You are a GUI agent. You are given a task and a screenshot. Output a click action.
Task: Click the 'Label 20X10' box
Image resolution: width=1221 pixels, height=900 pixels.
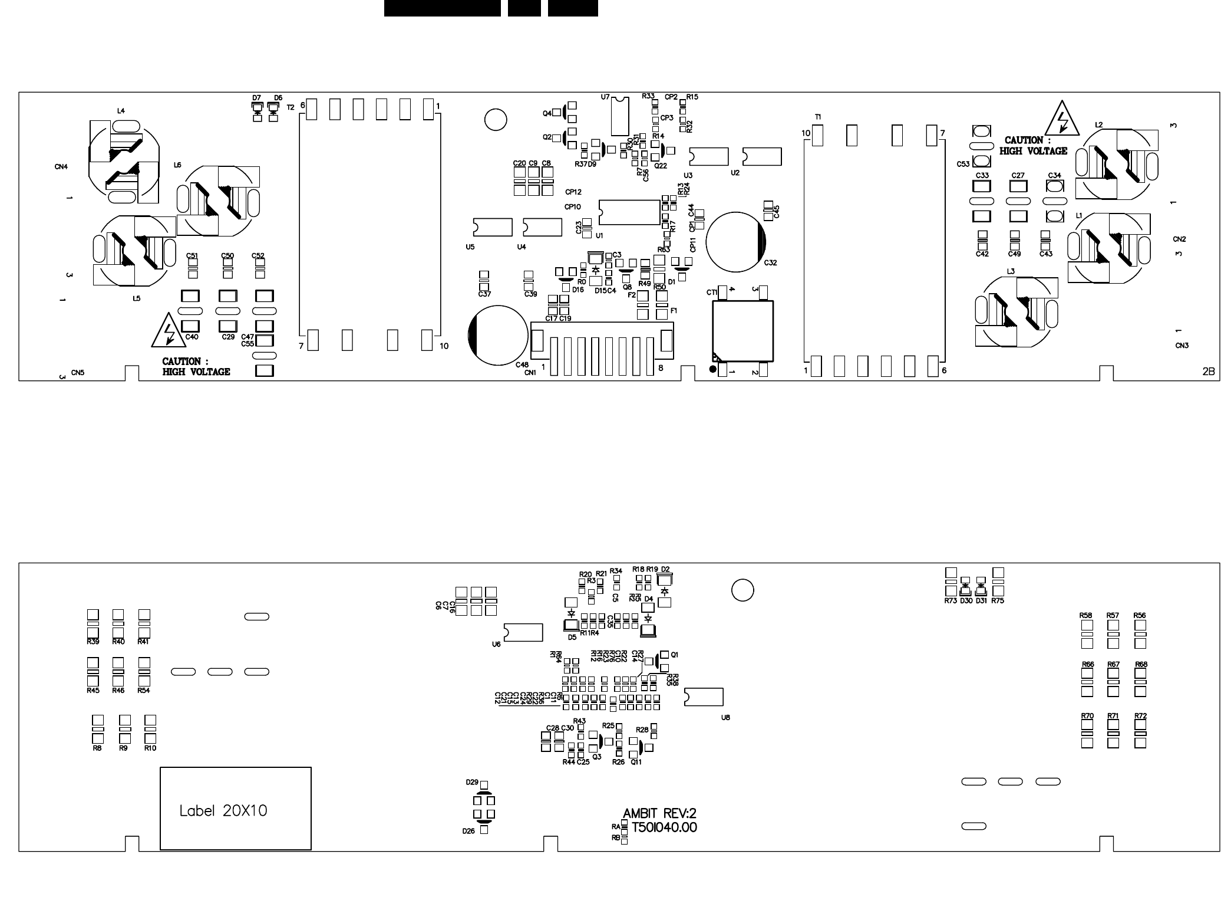tap(235, 809)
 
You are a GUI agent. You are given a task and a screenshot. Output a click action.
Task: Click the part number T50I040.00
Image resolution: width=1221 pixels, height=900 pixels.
tap(664, 828)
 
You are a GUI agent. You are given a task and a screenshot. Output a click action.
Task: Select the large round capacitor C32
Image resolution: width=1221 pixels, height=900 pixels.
tap(735, 242)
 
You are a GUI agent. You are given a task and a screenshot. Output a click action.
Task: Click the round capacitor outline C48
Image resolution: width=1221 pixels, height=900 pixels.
tap(498, 335)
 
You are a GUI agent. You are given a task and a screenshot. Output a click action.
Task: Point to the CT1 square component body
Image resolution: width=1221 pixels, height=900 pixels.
tap(742, 331)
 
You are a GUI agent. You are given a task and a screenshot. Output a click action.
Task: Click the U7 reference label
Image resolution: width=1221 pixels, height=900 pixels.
tap(605, 97)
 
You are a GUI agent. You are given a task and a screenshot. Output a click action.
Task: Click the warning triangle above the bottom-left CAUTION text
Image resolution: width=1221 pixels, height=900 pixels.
tap(169, 332)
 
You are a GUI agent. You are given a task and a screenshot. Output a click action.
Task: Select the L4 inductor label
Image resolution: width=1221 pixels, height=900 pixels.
tap(121, 111)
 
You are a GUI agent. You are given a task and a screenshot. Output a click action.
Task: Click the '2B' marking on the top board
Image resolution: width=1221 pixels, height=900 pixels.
tap(1208, 372)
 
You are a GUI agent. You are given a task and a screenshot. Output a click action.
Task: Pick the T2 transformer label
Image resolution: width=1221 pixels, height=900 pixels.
tap(291, 107)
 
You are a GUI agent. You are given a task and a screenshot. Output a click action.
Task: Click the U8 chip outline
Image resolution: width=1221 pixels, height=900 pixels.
tap(704, 697)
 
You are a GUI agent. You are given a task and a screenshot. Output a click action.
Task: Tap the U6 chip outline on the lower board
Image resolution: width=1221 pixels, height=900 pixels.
tap(523, 632)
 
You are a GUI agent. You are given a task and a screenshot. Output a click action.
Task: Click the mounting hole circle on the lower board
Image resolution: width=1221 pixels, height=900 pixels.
tap(742, 590)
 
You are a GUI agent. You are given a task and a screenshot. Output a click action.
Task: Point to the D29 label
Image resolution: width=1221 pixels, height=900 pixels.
tap(472, 782)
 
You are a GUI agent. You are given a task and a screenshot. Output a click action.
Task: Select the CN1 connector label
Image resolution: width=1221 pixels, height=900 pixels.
tap(530, 373)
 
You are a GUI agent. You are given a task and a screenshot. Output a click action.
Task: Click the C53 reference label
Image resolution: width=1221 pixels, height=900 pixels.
tap(963, 164)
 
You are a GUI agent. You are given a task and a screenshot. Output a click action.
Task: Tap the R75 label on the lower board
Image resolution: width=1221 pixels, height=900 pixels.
tap(998, 601)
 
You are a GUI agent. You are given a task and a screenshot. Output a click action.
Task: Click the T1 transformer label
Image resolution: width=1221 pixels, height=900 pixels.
tap(818, 117)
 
